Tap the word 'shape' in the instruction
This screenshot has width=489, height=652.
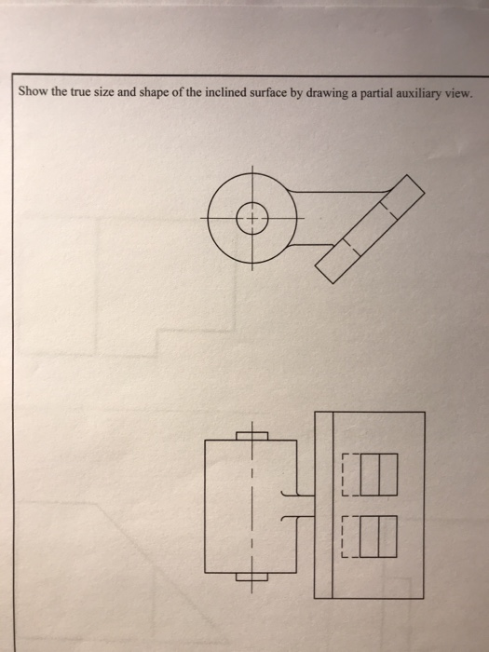(148, 95)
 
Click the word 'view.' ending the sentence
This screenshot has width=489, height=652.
(455, 95)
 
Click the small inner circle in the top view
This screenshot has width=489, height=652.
(252, 220)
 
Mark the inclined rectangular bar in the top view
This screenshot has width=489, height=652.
(370, 229)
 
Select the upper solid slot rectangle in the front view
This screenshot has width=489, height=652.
(378, 473)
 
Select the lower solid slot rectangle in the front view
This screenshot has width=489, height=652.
(378, 537)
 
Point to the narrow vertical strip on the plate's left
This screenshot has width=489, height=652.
(324, 504)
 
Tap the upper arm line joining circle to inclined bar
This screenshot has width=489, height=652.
(340, 193)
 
